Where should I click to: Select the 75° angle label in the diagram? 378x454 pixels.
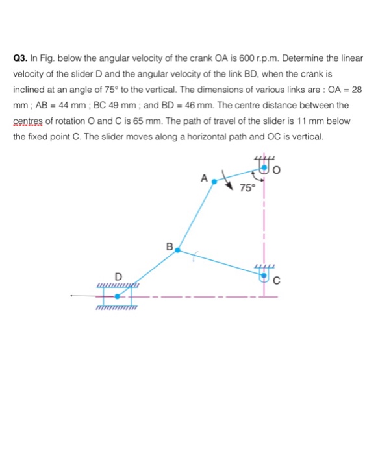pos(247,189)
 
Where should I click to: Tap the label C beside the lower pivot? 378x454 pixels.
pos(277,280)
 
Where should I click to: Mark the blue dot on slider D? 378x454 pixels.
pos(118,296)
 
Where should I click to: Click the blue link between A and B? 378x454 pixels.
pos(195,217)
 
